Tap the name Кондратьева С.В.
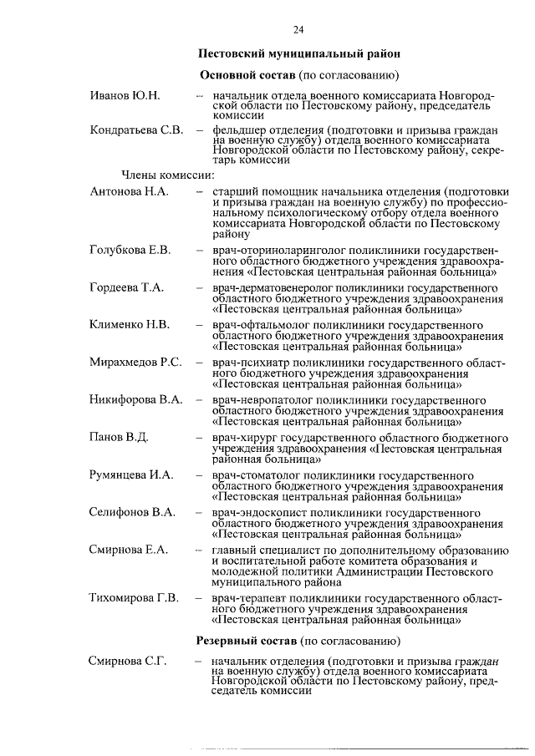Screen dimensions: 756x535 pos(136,130)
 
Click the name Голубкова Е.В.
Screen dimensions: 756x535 pos(130,250)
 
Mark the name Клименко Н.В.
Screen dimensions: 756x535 pos(130,325)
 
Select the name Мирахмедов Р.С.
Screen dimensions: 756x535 pos(135,363)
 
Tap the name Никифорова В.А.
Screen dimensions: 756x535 pos(136,400)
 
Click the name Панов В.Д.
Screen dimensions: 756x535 pos(120,438)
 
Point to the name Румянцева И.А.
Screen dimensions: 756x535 pos(132,475)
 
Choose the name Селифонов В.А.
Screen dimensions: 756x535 pos(132,513)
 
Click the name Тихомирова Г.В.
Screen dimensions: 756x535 pos(135,598)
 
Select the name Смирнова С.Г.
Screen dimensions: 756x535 pos(128,662)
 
